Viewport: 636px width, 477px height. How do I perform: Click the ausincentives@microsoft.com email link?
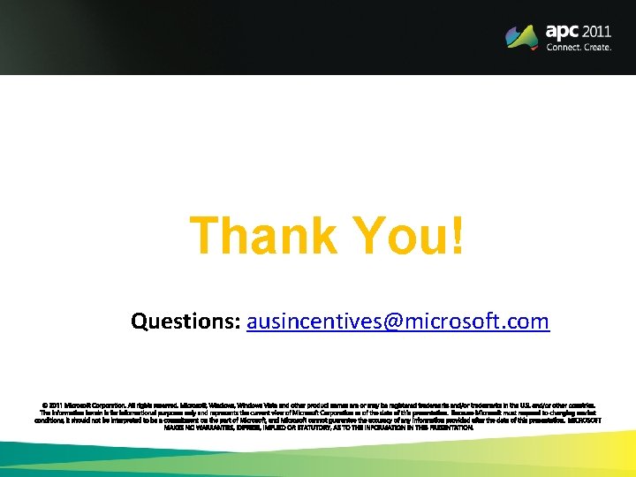[397, 321]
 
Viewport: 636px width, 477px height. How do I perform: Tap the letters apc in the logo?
[563, 31]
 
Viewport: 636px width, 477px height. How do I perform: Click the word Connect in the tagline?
[564, 48]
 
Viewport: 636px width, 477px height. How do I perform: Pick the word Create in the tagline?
[597, 48]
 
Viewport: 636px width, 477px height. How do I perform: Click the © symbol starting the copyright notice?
[42, 405]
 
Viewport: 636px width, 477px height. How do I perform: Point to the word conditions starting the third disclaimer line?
[49, 420]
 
